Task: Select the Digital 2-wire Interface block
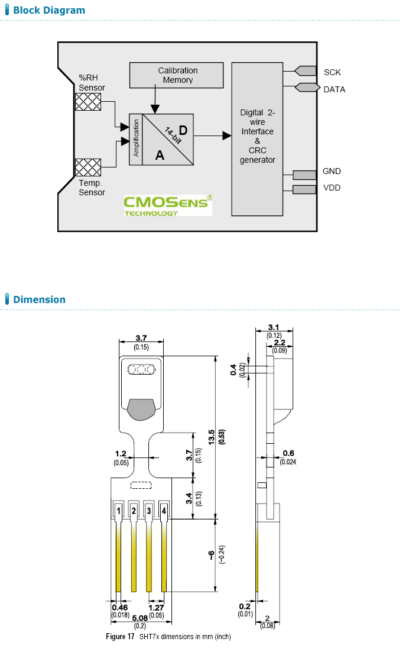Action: pyautogui.click(x=257, y=138)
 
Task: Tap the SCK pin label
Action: pyautogui.click(x=332, y=72)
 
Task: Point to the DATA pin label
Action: pyautogui.click(x=334, y=89)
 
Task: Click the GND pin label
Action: pyautogui.click(x=331, y=172)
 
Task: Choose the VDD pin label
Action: pyautogui.click(x=331, y=188)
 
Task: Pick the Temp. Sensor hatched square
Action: pyautogui.click(x=87, y=167)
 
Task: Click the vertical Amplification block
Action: pyautogui.click(x=136, y=138)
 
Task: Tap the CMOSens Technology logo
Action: pyautogui.click(x=167, y=204)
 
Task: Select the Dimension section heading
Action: pyautogui.click(x=39, y=299)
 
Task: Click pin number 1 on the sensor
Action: pyautogui.click(x=119, y=510)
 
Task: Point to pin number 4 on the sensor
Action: pyautogui.click(x=163, y=510)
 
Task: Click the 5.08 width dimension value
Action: pyautogui.click(x=140, y=619)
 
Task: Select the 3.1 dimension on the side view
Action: pyautogui.click(x=274, y=327)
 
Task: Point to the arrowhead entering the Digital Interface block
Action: pyautogui.click(x=226, y=136)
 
